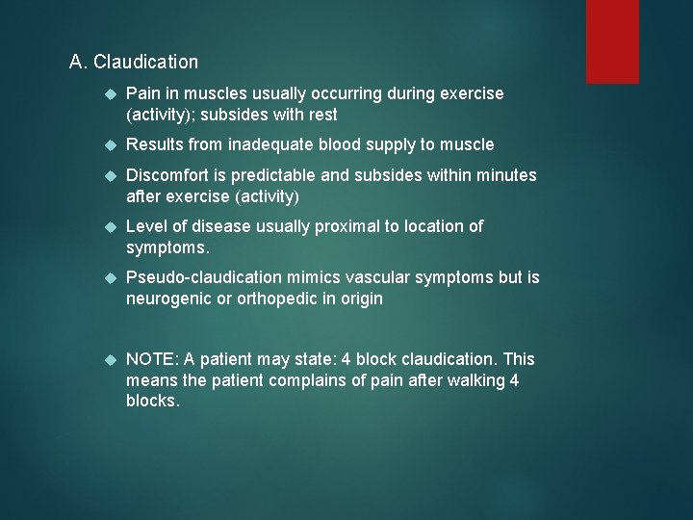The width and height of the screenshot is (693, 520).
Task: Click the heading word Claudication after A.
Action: pos(146,63)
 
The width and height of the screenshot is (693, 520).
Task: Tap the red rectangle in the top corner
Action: pos(612,40)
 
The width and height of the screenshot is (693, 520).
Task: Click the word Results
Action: pos(157,144)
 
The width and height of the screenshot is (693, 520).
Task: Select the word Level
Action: pos(147,225)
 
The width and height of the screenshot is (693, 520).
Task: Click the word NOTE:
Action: pos(152,359)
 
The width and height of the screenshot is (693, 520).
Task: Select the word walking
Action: pos(471,380)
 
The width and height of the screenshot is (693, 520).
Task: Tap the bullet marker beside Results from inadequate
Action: pos(111,144)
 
